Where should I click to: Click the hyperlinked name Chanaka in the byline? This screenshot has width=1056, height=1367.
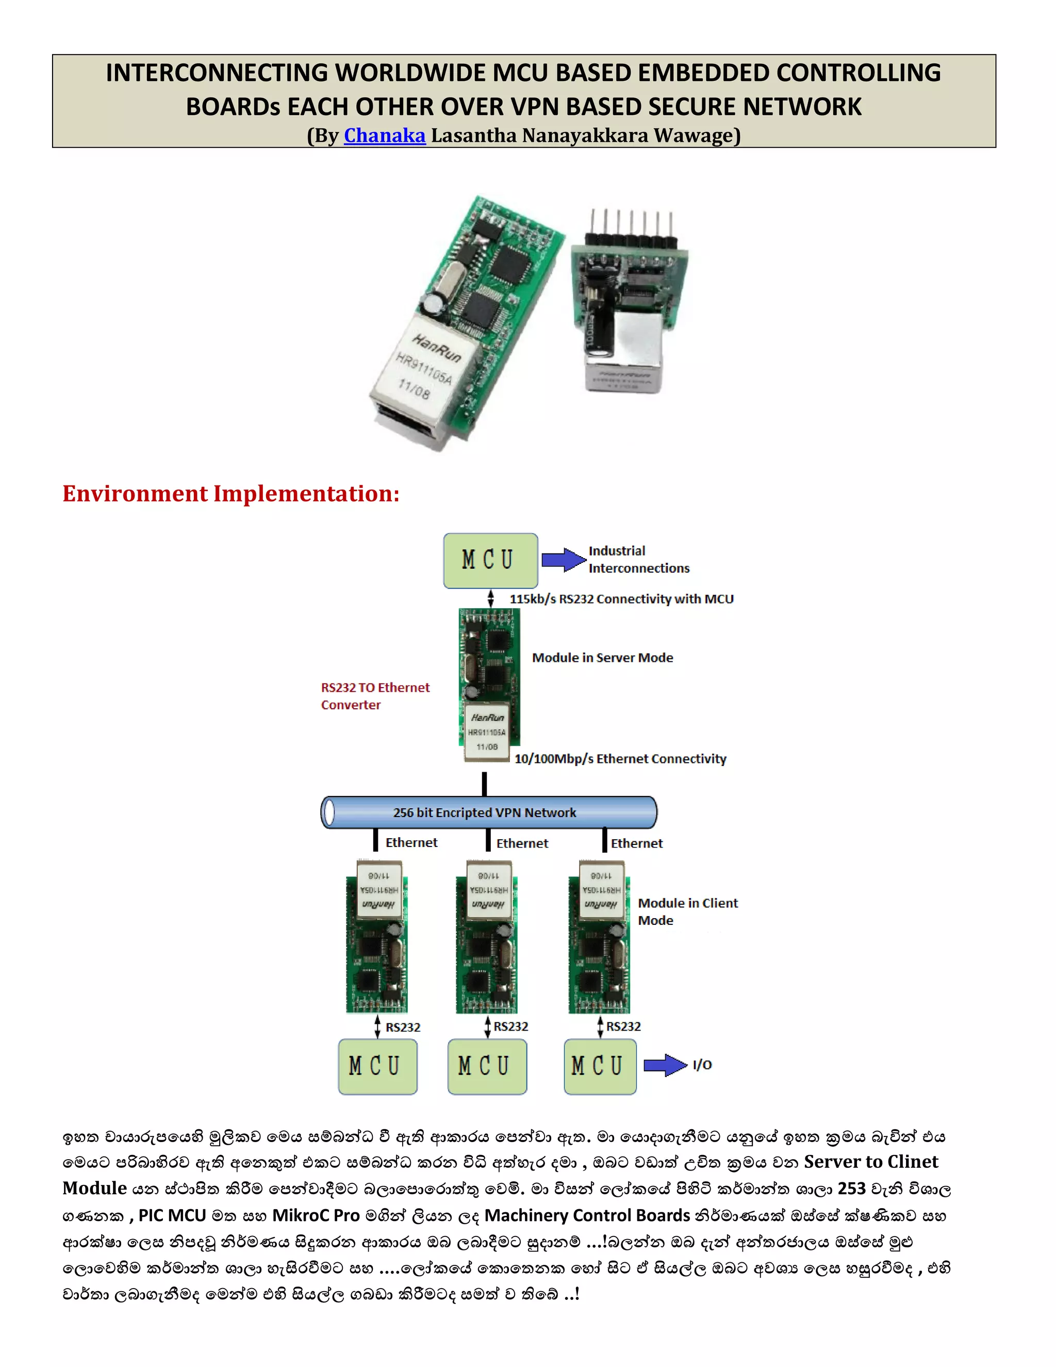coord(384,135)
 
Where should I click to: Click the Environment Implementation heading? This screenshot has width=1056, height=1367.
coord(231,494)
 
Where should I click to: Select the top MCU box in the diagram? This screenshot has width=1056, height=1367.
coord(490,560)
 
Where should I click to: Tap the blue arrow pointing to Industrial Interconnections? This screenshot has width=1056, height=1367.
coord(563,560)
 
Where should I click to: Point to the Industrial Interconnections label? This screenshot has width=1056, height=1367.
coord(638,560)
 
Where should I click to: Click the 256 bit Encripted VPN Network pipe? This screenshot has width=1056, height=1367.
coord(488,812)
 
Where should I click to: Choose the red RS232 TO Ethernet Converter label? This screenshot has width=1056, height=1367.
coord(375,696)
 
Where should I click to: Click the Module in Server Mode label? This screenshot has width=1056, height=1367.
coord(602,658)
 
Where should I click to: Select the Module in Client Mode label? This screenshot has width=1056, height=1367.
coord(687,912)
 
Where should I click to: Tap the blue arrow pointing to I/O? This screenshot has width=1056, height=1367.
coord(664,1065)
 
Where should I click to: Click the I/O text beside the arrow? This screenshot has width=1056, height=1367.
coord(702,1065)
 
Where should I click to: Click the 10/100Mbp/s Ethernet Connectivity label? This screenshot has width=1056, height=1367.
coord(620,759)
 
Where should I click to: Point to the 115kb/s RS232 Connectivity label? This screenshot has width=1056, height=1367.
coord(621,599)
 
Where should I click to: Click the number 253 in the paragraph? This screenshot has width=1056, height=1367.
coord(851,1189)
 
